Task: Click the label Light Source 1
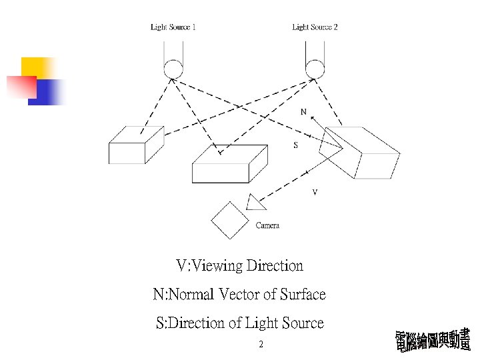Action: point(173,27)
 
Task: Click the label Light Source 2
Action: point(315,27)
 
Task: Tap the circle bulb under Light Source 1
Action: point(173,68)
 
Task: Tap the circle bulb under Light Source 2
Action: point(315,68)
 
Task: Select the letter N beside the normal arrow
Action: point(303,112)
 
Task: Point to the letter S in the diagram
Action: point(296,145)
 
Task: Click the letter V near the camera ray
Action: point(315,193)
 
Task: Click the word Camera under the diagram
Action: point(267,225)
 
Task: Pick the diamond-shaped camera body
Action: point(231,219)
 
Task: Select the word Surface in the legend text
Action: point(303,295)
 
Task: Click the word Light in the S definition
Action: point(261,323)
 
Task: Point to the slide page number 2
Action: point(261,345)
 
